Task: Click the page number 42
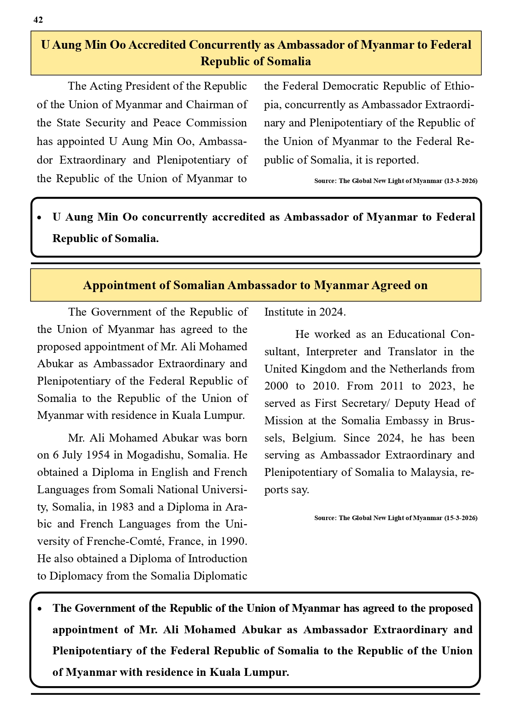(38, 20)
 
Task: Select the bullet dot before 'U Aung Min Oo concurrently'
(39, 218)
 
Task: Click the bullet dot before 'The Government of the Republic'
(39, 609)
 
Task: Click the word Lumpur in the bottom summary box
(267, 672)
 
